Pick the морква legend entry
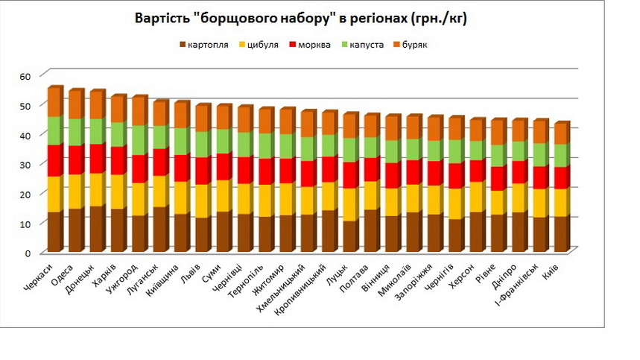(x=314, y=45)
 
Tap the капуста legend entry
(x=366, y=45)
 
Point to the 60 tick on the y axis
(x=28, y=76)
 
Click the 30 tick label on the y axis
(x=28, y=165)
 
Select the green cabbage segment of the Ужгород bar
(x=139, y=141)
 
